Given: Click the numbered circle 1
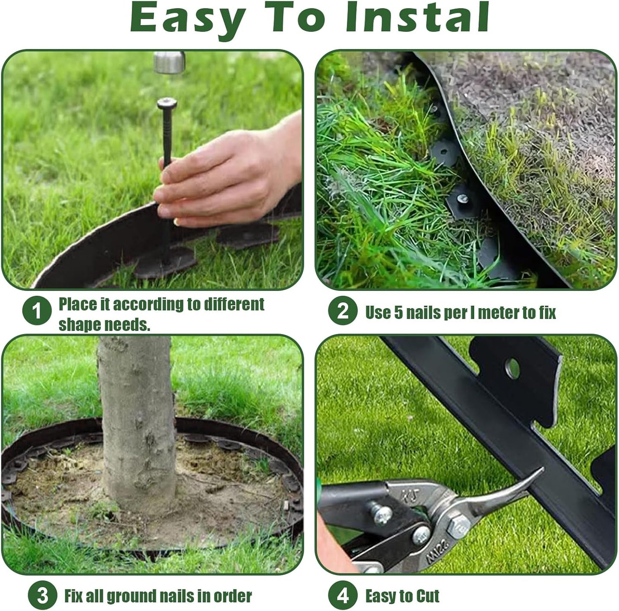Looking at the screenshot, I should pyautogui.click(x=37, y=311).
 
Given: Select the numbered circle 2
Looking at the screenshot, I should pyautogui.click(x=343, y=311).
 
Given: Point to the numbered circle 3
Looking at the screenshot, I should pyautogui.click(x=42, y=595).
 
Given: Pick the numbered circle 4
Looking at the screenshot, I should pyautogui.click(x=343, y=596).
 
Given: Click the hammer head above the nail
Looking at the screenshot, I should pyautogui.click(x=169, y=62).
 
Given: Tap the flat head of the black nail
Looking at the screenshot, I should pyautogui.click(x=167, y=103).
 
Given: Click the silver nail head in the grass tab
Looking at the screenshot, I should pyautogui.click(x=463, y=198).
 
